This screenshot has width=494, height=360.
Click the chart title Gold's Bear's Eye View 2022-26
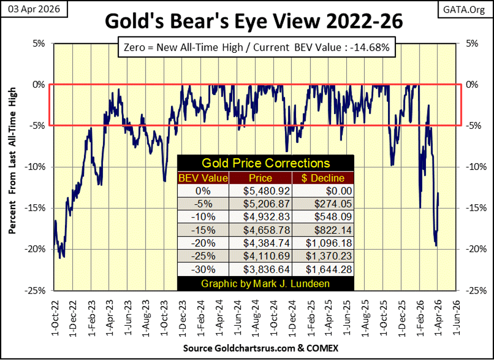(254, 22)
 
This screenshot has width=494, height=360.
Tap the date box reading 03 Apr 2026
(34, 9)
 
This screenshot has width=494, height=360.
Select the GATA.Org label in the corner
(464, 10)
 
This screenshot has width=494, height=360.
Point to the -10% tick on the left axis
(35, 167)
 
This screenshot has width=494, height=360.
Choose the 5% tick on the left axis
(39, 43)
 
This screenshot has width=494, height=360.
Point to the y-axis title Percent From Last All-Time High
(12, 161)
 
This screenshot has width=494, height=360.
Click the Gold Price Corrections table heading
(265, 163)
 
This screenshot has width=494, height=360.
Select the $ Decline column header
(323, 178)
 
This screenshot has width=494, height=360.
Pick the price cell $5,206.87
(267, 204)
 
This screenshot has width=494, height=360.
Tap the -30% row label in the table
(204, 270)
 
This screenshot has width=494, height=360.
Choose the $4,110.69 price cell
(267, 256)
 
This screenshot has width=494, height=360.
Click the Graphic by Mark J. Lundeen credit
(265, 283)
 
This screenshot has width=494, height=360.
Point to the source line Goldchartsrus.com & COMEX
(261, 348)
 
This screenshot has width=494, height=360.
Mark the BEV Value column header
(203, 178)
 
